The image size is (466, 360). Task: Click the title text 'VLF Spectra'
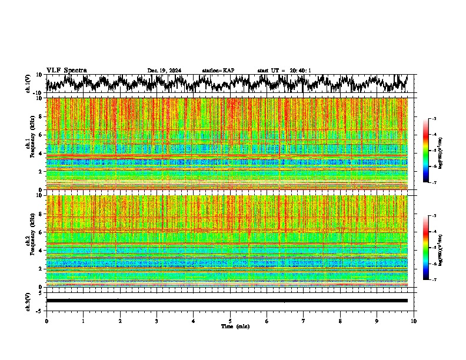66,70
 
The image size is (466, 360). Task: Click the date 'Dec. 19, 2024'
164,71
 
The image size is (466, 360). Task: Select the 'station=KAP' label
218,71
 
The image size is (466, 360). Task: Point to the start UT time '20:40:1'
300,71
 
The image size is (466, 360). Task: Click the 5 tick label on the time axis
230,321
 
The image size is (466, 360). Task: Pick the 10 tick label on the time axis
414,321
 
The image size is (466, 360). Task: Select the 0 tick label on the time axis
46,321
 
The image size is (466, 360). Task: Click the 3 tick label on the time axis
157,321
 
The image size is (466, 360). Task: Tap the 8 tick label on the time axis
340,321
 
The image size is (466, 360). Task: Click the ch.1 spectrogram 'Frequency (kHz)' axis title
31,141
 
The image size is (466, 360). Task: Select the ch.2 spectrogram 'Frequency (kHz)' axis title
31,238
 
